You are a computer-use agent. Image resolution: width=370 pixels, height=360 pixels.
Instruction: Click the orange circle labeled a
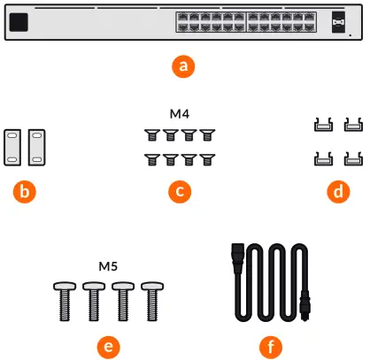[183, 65]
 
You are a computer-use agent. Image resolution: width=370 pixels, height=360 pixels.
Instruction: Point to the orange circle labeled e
[109, 346]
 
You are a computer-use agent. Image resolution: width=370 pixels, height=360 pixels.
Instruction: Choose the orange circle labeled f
[265, 346]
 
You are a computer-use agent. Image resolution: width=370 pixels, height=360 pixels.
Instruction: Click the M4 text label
[180, 115]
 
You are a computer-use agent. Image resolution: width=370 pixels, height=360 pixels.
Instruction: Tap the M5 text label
[109, 266]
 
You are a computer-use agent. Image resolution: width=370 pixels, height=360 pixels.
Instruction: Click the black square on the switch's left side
[22, 21]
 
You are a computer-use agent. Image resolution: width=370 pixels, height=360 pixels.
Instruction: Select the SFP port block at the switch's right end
[337, 21]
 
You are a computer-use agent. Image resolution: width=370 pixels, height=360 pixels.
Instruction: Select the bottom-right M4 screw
[208, 159]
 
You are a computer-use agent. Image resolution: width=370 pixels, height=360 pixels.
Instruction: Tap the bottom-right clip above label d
[352, 160]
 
